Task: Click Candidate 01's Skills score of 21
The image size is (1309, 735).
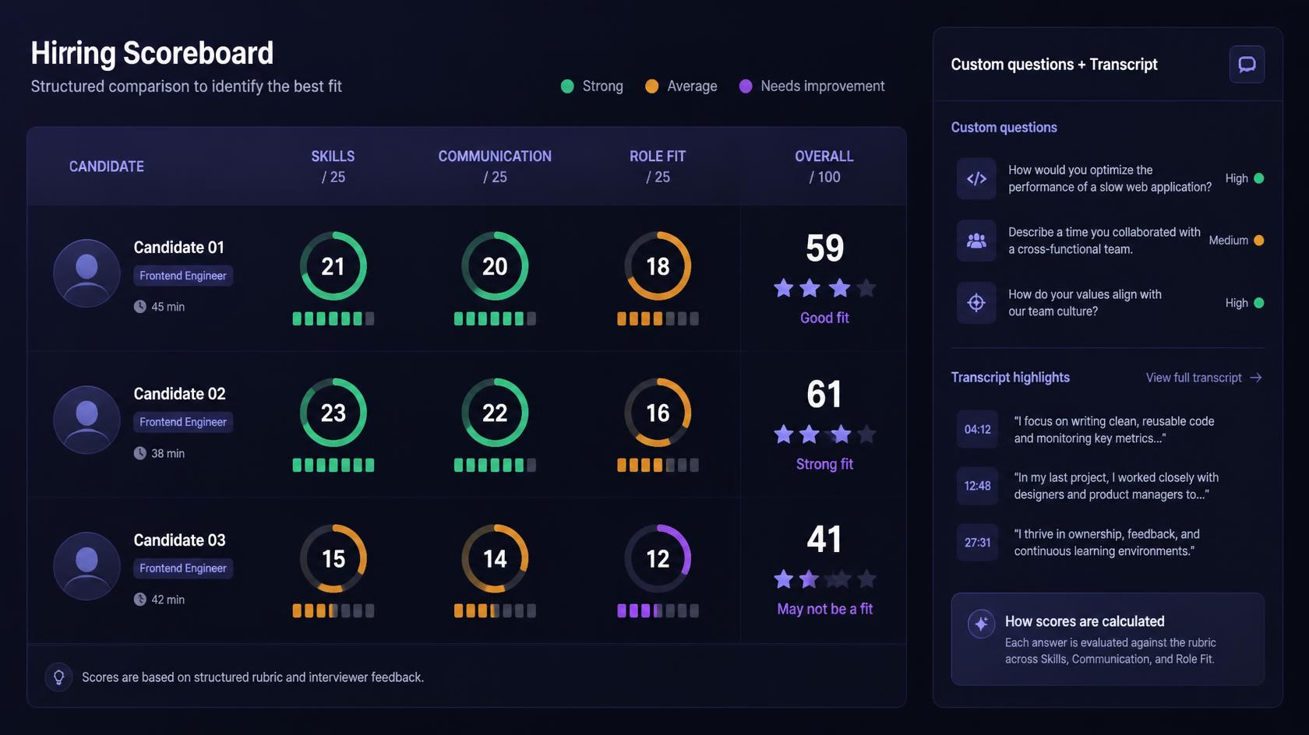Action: point(333,267)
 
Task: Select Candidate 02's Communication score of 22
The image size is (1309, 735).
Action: point(494,413)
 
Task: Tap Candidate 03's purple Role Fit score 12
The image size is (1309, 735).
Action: point(658,559)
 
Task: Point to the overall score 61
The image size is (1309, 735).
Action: point(824,394)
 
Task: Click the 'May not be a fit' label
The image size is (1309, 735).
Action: point(824,609)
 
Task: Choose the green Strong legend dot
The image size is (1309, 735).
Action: point(567,86)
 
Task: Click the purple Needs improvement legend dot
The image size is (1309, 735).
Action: point(746,86)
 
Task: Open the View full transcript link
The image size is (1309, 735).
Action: point(1204,378)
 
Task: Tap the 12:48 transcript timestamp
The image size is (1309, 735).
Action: point(977,486)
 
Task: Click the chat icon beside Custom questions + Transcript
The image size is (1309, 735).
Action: point(1247,64)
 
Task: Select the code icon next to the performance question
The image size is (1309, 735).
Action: point(976,178)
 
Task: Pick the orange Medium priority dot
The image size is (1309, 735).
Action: point(1259,241)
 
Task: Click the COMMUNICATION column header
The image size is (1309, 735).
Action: point(495,156)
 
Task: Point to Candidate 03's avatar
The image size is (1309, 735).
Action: point(86,566)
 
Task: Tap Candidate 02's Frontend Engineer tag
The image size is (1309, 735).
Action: point(183,422)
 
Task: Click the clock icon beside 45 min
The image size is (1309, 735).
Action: point(139,307)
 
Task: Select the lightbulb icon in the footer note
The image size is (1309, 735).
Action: point(58,677)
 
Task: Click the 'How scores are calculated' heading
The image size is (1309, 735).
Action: point(1085,621)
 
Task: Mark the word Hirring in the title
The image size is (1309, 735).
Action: point(72,54)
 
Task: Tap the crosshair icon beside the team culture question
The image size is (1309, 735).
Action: point(976,303)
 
